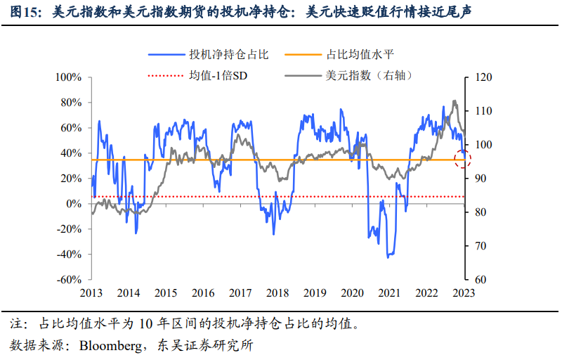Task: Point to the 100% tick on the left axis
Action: click(69, 77)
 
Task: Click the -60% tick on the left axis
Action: click(69, 279)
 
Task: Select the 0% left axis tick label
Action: click(74, 203)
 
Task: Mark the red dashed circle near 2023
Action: click(462, 159)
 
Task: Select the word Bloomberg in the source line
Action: click(107, 345)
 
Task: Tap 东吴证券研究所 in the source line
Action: click(199, 345)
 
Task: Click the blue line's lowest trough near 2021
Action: click(388, 257)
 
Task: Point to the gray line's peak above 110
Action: click(455, 101)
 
